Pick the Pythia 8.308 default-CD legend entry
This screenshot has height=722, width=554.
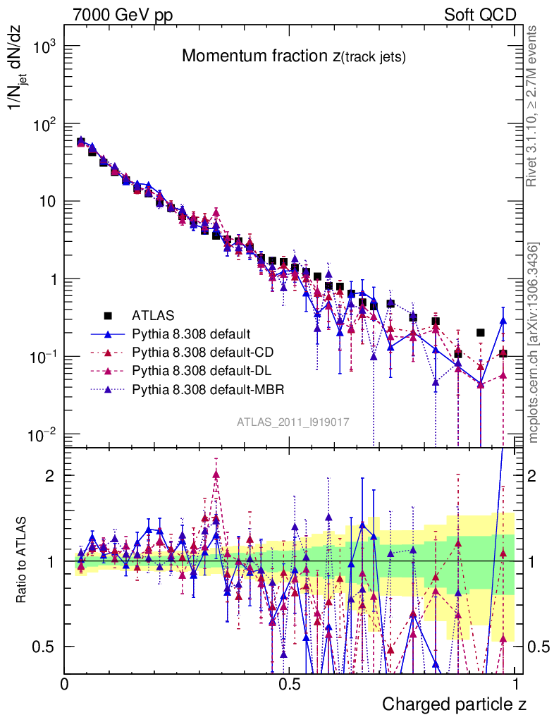click(x=201, y=351)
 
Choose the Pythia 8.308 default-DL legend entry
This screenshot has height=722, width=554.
click(x=200, y=369)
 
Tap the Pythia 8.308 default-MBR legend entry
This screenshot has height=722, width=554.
click(x=204, y=388)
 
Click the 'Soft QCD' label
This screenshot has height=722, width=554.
click(x=481, y=15)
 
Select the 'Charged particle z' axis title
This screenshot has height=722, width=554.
click(x=454, y=704)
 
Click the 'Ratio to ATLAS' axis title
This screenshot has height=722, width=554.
click(x=23, y=561)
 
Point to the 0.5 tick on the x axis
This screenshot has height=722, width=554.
click(x=288, y=685)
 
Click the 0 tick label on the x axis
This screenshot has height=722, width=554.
click(x=65, y=685)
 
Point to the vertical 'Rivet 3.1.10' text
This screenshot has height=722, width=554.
click(x=534, y=106)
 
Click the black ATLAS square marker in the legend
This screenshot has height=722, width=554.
click(x=108, y=314)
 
